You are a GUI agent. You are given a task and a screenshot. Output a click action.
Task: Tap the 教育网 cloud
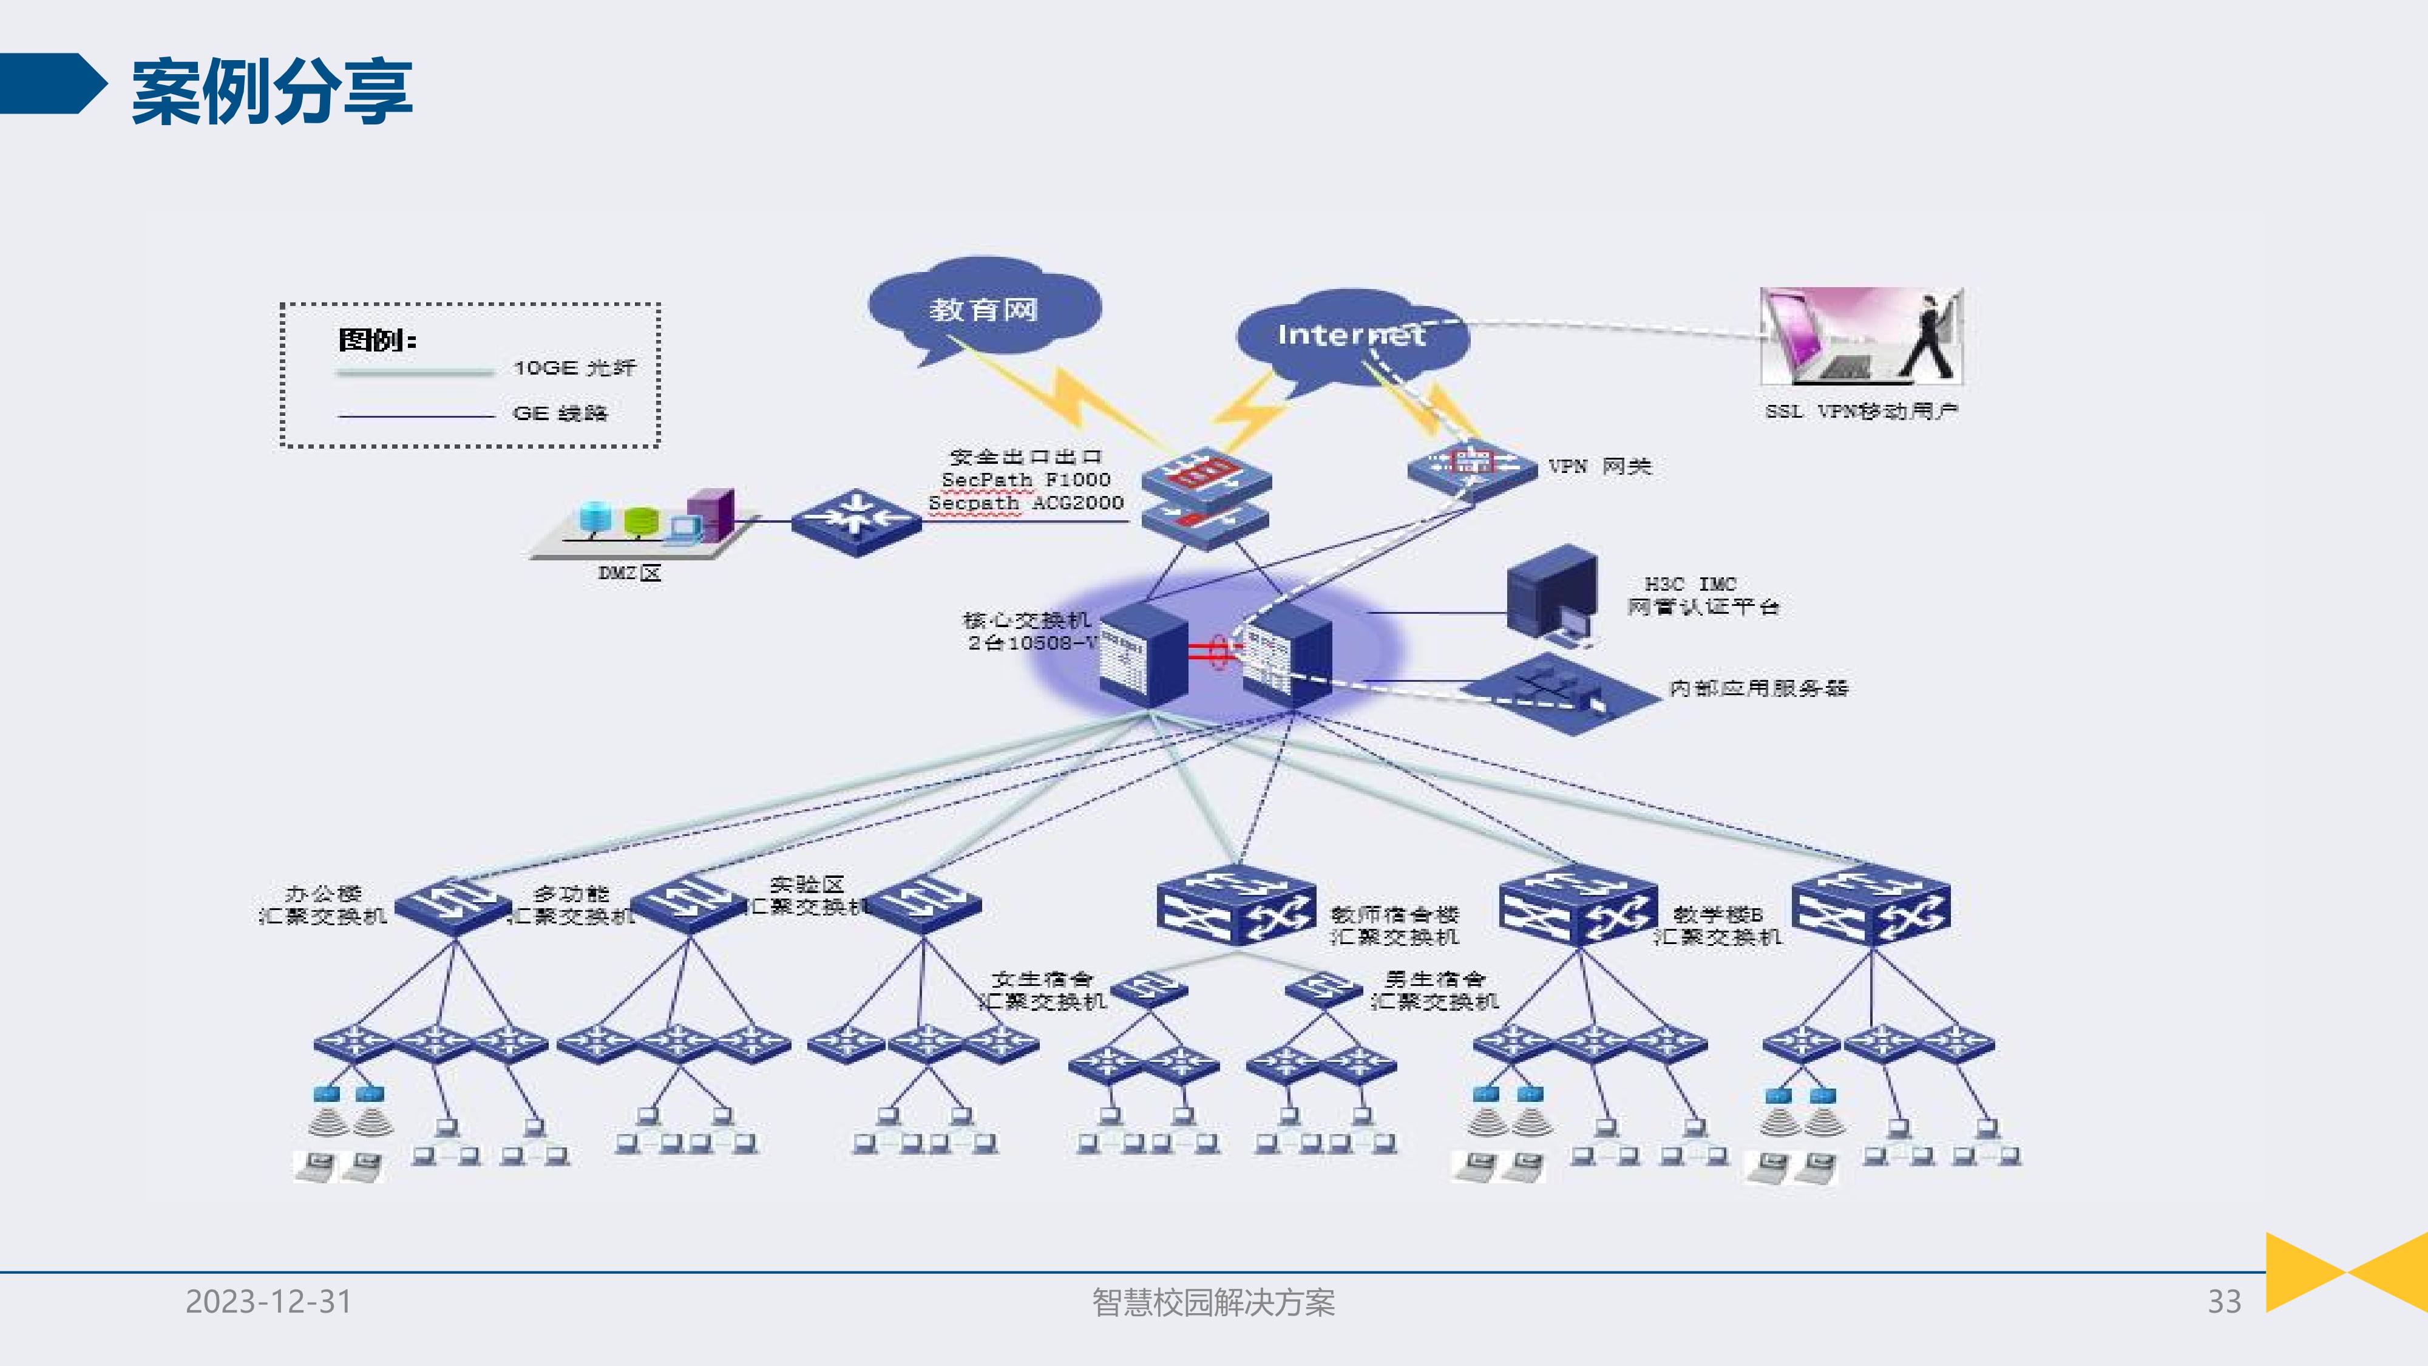pos(984,308)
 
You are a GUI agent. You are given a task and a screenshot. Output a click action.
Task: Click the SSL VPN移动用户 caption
pos(1862,411)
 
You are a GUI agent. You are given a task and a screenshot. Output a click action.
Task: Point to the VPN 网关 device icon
pos(1471,467)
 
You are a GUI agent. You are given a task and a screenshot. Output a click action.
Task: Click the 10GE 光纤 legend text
pos(574,368)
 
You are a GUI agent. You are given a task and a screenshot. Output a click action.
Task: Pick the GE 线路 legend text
pos(560,413)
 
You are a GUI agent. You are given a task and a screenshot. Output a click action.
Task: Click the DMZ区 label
pos(629,573)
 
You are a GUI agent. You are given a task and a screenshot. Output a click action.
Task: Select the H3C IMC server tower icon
pos(1551,594)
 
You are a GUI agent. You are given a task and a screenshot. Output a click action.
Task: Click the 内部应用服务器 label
pos(1758,688)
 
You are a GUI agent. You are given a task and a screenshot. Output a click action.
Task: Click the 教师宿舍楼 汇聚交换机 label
pos(1394,926)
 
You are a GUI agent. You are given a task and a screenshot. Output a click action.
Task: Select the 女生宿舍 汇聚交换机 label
pos(1042,990)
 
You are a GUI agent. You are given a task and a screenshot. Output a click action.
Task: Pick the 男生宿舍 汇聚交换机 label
pos(1434,990)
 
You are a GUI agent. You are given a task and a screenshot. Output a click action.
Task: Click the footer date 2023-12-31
pos(269,1301)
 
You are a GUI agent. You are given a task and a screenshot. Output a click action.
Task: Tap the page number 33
pos(2223,1301)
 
